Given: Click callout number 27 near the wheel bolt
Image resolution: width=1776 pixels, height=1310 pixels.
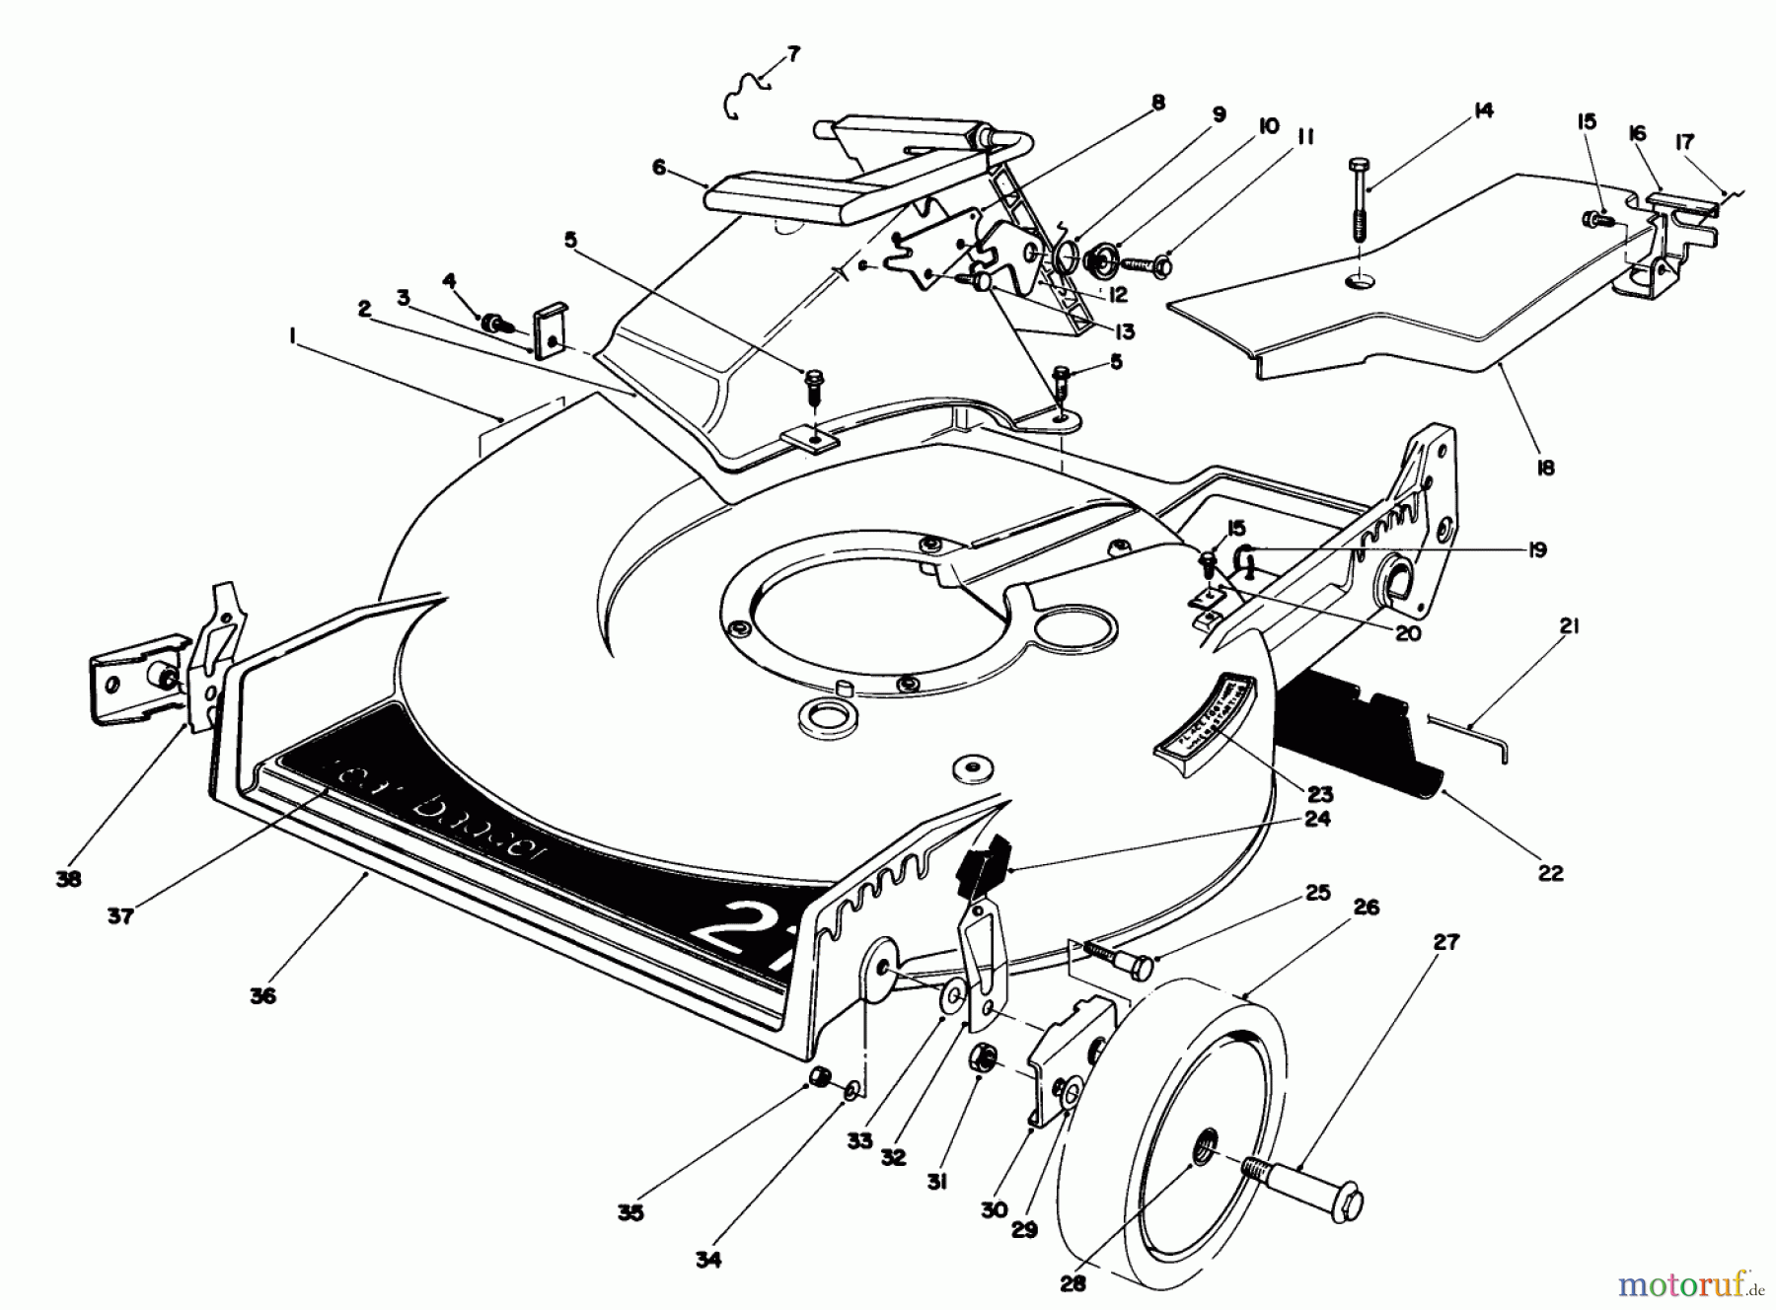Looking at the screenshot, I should (1444, 943).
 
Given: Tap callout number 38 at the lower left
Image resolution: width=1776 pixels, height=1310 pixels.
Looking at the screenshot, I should (68, 878).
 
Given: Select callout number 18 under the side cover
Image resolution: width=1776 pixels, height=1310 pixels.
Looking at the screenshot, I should (1546, 468).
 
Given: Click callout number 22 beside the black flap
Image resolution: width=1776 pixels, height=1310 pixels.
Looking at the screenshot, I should (1550, 872).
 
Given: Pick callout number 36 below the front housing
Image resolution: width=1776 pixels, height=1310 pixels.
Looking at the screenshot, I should (262, 995).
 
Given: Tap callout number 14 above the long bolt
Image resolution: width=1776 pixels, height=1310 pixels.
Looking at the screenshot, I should (1482, 110).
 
